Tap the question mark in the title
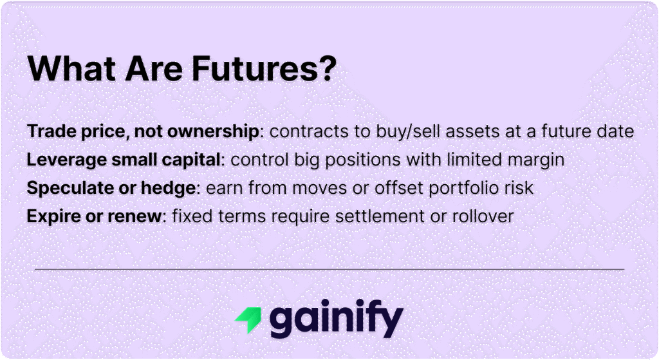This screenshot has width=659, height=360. click(328, 68)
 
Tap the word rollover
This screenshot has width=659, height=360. click(482, 216)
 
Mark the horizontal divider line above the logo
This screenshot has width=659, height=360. click(329, 269)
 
